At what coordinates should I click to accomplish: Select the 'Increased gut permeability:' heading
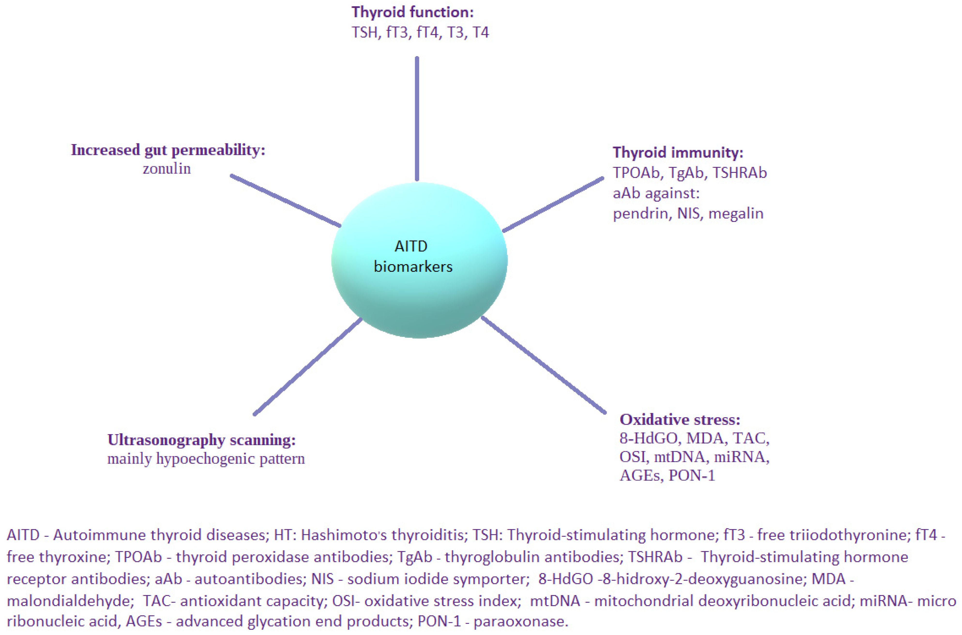(168, 150)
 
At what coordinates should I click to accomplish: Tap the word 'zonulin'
(166, 169)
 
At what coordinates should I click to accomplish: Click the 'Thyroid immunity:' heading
(678, 153)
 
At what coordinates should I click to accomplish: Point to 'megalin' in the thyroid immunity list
(736, 213)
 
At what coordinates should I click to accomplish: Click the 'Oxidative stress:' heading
(680, 419)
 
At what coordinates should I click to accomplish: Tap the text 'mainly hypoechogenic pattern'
(206, 459)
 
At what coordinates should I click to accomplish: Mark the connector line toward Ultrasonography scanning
(308, 366)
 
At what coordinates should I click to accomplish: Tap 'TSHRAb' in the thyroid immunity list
(739, 173)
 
